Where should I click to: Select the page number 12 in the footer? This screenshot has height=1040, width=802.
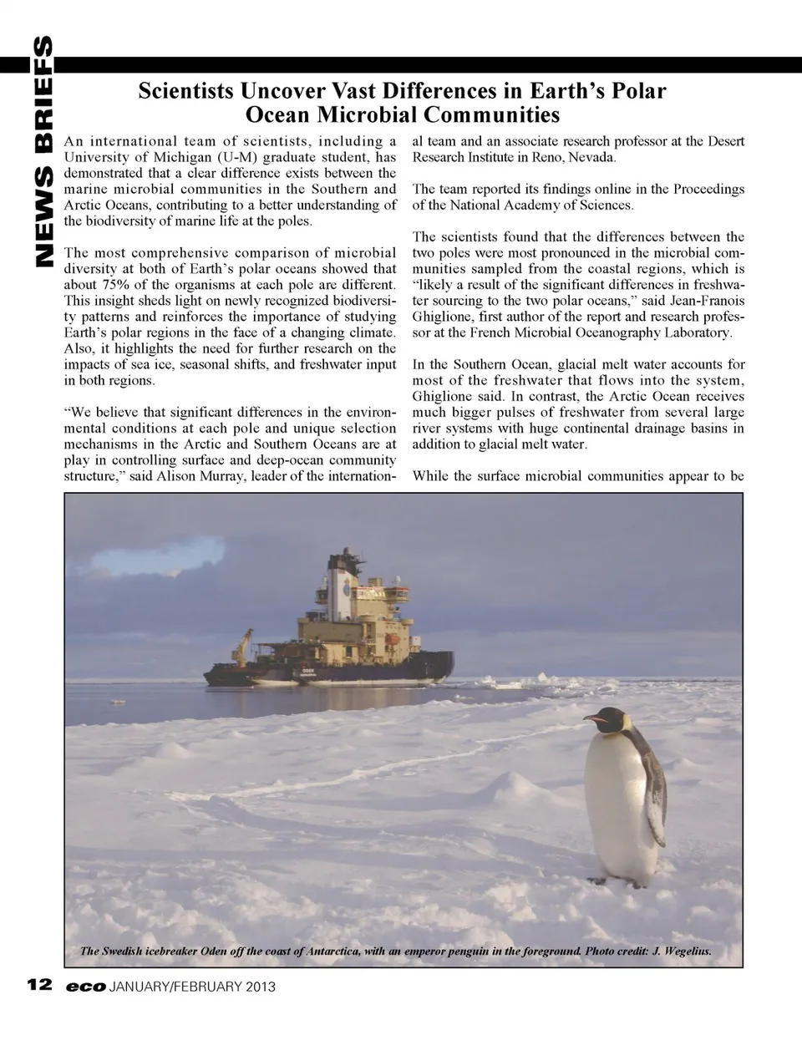point(40,987)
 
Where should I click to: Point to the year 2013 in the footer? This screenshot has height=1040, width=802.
point(260,987)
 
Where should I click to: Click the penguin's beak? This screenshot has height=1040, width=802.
point(595,718)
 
